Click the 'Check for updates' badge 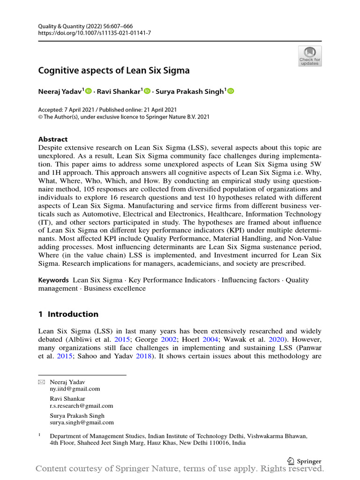click(310, 56)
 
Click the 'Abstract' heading click(52, 139)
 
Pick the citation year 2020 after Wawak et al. click(276, 338)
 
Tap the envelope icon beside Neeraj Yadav click(41, 382)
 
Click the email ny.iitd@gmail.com click(75, 389)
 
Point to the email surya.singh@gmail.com click(82, 422)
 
